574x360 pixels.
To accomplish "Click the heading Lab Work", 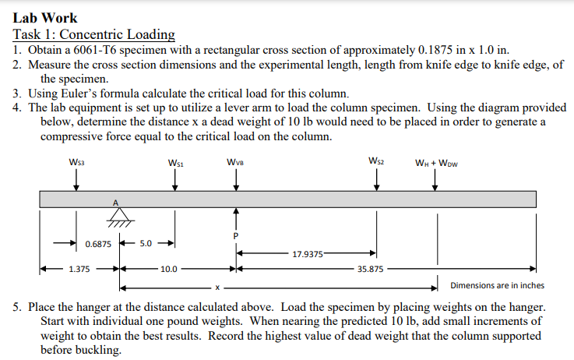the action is pos(45,17).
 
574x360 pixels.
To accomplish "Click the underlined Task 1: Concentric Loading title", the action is pos(94,34).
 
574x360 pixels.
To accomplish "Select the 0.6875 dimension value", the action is pos(97,244).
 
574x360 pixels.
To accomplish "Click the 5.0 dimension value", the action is pos(146,244).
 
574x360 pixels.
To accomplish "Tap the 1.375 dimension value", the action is pos(78,270).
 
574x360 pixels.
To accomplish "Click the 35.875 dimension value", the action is pos(369,270).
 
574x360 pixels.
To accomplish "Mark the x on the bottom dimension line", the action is pos(218,285).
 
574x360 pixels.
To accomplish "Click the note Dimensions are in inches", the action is pos(498,285).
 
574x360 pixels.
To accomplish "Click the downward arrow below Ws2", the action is pos(377,178).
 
